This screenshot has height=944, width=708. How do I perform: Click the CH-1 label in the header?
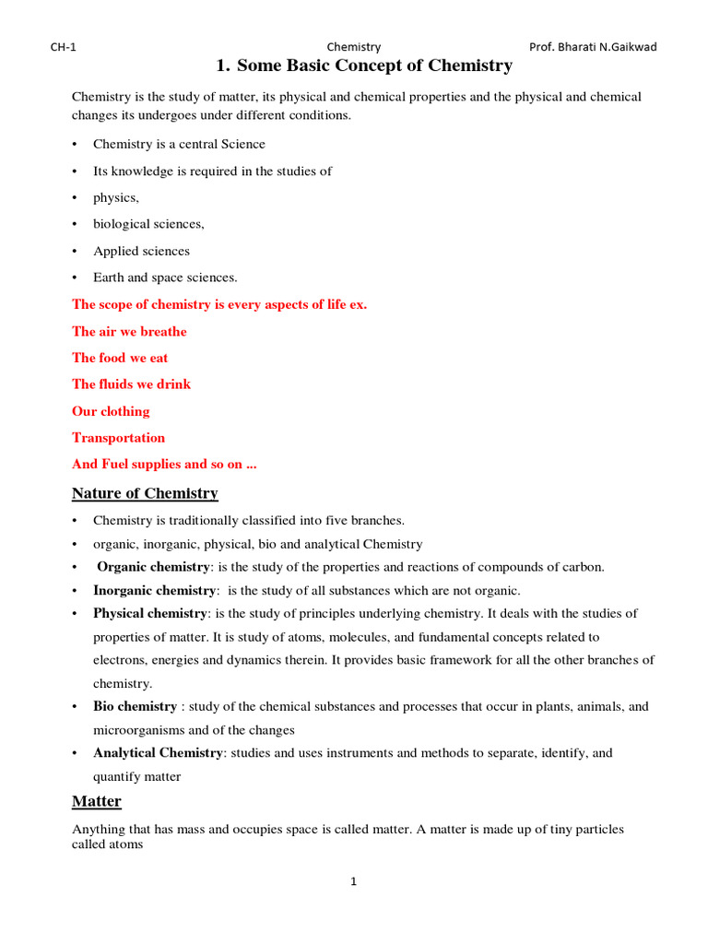click(x=63, y=47)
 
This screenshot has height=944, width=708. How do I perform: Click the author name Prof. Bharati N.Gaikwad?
click(x=593, y=47)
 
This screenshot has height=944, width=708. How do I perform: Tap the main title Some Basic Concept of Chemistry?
click(x=363, y=66)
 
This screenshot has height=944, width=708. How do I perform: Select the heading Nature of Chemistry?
click(x=145, y=493)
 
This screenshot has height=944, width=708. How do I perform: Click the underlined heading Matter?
click(x=97, y=801)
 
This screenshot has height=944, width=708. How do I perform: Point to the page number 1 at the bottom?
click(x=353, y=882)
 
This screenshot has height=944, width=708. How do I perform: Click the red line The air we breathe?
click(x=129, y=332)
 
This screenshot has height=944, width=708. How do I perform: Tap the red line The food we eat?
click(x=120, y=358)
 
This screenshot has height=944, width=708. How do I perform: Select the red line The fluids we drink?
click(x=131, y=384)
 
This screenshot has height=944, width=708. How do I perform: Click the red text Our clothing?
click(x=111, y=411)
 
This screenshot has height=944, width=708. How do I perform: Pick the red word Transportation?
click(x=118, y=438)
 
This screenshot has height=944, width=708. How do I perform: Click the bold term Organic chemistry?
click(x=154, y=567)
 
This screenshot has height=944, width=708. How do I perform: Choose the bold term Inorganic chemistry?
click(x=154, y=590)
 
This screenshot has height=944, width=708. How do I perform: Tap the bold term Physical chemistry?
click(x=149, y=613)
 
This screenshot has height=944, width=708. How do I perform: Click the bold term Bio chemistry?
click(x=135, y=706)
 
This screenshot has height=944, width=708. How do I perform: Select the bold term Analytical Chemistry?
click(x=158, y=752)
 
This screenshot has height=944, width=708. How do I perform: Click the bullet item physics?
click(x=115, y=197)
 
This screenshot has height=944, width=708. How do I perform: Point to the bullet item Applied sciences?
click(x=141, y=251)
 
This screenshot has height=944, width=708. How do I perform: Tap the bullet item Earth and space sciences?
click(x=165, y=277)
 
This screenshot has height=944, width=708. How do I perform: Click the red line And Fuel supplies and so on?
click(x=164, y=465)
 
